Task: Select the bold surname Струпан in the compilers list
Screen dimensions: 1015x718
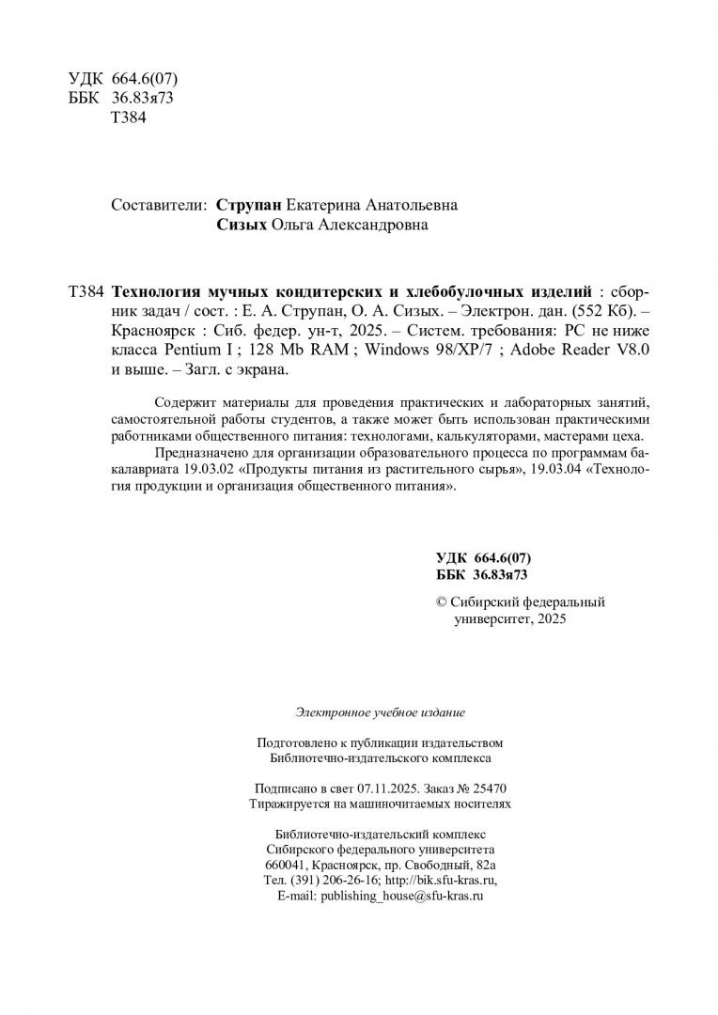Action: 246,205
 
